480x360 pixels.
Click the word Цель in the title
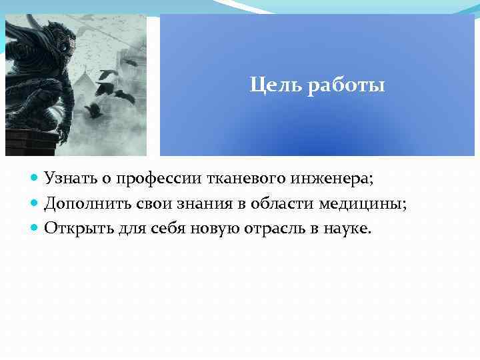click(x=269, y=86)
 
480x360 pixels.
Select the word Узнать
click(x=69, y=179)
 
